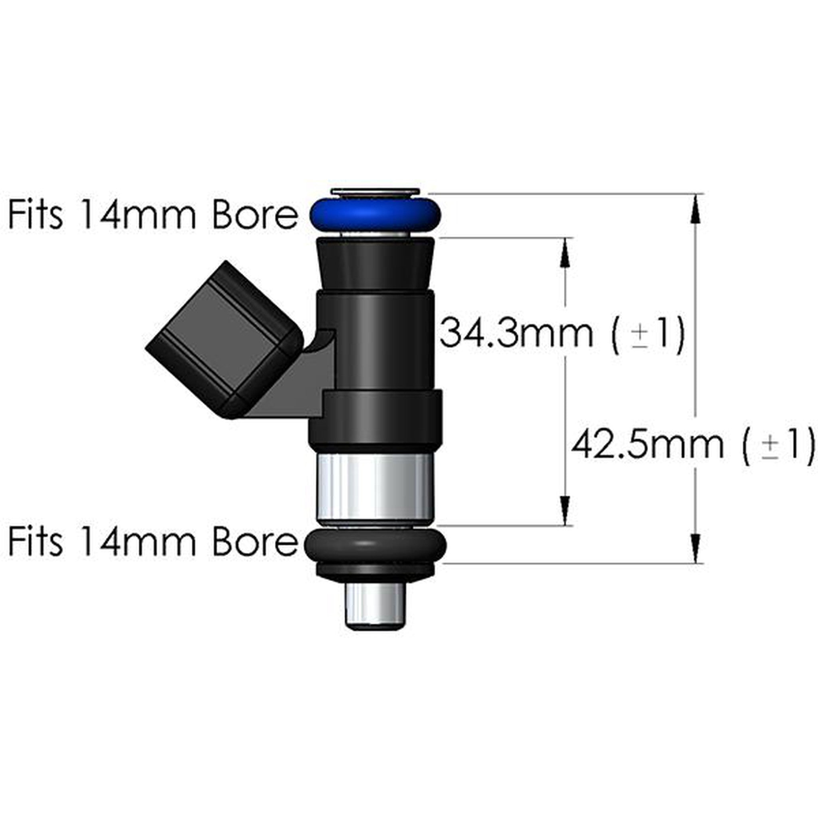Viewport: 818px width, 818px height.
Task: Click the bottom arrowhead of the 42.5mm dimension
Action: tap(696, 548)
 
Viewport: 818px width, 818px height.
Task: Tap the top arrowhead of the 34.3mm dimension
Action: tap(565, 253)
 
